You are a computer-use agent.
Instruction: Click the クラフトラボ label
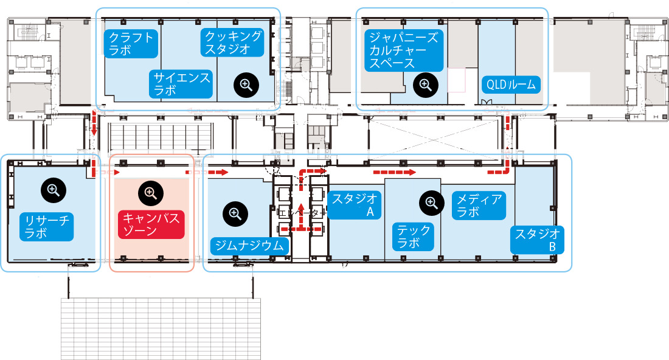tap(130, 43)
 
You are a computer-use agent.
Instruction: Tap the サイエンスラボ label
tap(181, 84)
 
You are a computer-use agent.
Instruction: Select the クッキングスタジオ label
tap(233, 43)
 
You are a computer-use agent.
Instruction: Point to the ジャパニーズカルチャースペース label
tap(402, 50)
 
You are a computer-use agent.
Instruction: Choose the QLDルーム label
tap(510, 84)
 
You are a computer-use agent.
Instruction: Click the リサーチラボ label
tap(46, 226)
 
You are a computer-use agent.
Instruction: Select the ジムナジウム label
tap(250, 245)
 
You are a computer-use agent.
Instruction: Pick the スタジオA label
tap(354, 205)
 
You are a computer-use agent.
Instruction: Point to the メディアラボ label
tap(479, 205)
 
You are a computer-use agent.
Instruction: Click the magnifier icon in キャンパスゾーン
tap(150, 193)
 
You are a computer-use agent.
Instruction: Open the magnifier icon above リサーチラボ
tap(53, 191)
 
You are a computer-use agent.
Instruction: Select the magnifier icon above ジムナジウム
tap(235, 213)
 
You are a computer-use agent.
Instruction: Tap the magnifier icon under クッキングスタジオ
tap(246, 85)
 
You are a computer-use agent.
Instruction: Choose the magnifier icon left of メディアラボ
tap(431, 202)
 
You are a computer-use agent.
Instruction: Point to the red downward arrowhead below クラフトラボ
tap(94, 131)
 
